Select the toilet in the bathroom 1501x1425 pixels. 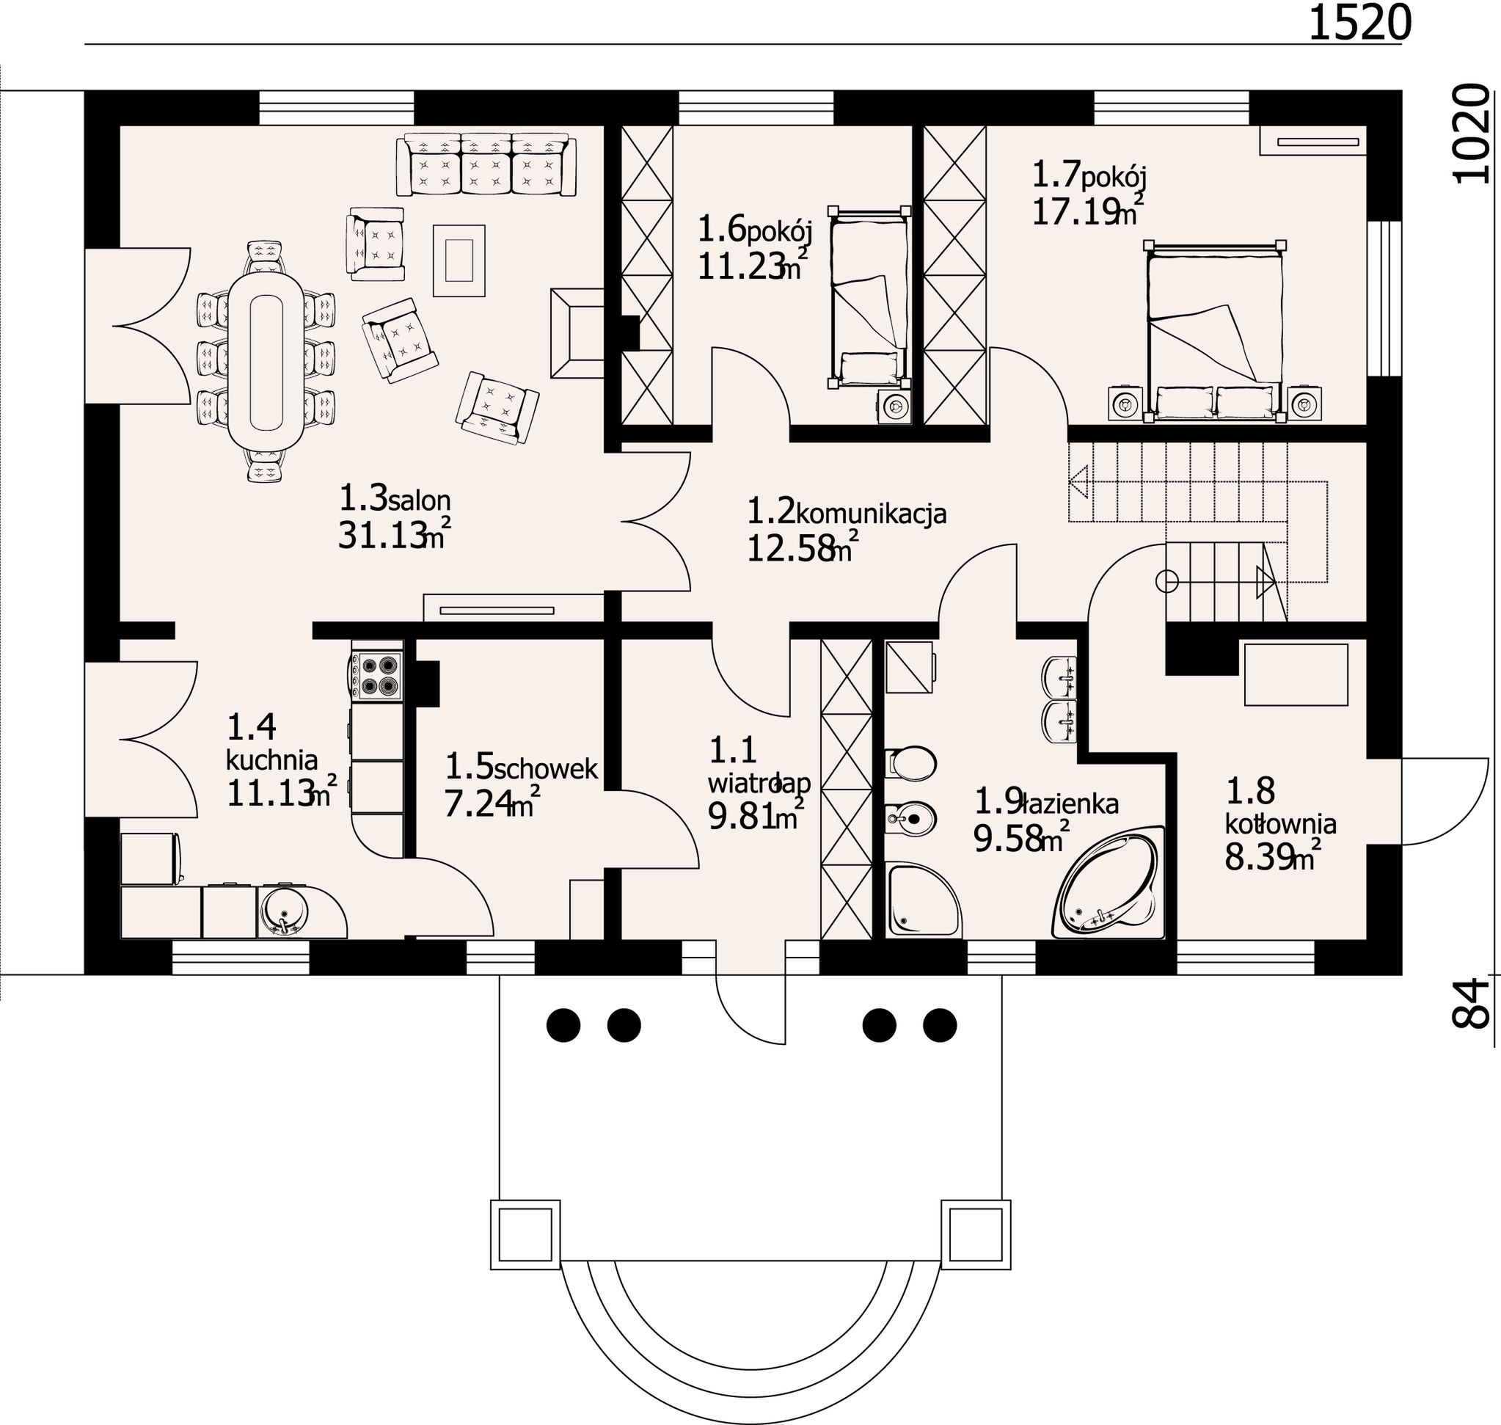click(910, 762)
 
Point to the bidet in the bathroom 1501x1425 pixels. click(910, 819)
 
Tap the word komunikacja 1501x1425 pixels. click(872, 515)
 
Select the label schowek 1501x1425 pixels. click(545, 770)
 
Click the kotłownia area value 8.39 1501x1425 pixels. click(1260, 857)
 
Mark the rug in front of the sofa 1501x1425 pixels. click(459, 260)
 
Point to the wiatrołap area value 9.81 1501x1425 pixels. click(742, 816)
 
